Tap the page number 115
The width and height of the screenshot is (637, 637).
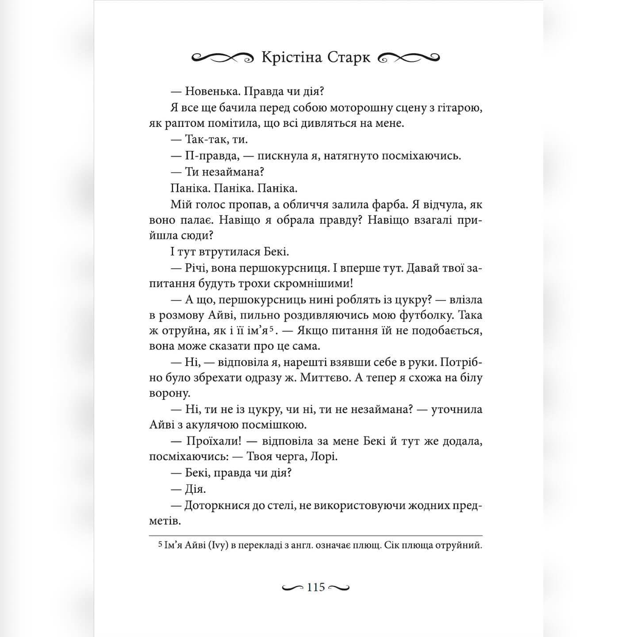tap(316, 587)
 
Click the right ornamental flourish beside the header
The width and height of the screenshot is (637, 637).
tap(410, 58)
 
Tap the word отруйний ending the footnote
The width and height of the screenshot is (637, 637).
tap(460, 545)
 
